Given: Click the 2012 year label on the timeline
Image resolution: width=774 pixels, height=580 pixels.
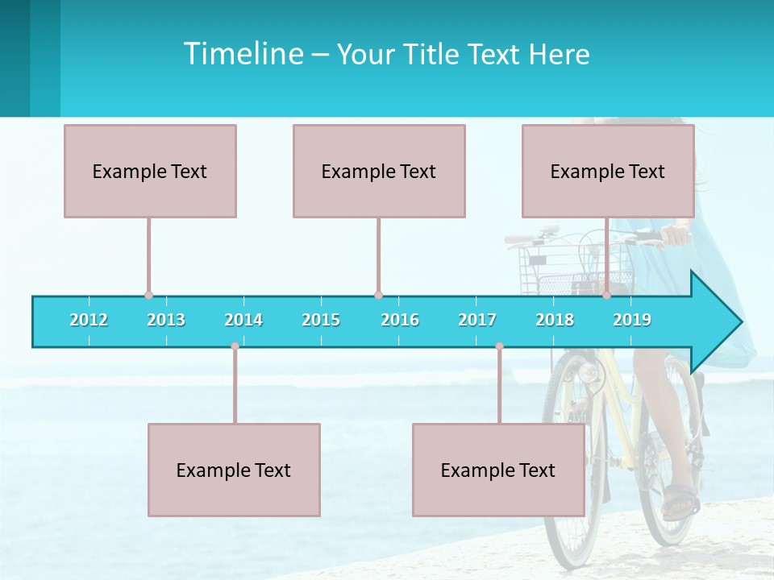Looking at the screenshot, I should click(x=89, y=320).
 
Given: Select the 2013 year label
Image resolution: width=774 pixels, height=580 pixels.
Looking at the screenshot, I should click(x=166, y=320).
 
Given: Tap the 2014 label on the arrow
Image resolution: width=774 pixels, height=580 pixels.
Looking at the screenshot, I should click(x=243, y=320).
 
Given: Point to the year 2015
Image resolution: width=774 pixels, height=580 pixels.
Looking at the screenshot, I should click(x=321, y=320).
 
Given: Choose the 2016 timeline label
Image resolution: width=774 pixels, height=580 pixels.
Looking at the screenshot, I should click(x=400, y=320).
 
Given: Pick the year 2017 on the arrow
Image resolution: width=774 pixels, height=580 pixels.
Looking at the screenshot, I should click(x=477, y=320).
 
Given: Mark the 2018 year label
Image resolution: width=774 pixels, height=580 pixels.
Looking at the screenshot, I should click(x=555, y=320).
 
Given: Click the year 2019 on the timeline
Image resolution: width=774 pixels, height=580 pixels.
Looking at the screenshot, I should click(x=632, y=320).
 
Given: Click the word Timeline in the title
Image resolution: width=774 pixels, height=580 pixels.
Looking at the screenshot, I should click(x=242, y=54).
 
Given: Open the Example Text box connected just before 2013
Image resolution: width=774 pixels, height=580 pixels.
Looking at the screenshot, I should click(x=150, y=171).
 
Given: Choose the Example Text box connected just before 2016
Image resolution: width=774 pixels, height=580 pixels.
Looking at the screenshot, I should click(x=379, y=171).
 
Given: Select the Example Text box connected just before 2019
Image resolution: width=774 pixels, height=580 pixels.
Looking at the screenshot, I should click(x=608, y=171).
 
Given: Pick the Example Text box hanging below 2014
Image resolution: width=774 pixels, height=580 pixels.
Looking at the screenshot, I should click(x=234, y=470).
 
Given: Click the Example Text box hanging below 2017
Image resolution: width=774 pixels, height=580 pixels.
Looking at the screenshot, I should click(x=498, y=470).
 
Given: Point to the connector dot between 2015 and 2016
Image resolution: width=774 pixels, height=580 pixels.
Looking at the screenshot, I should click(x=378, y=295).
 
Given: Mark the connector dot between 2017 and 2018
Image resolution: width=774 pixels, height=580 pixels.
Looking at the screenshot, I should click(x=499, y=346).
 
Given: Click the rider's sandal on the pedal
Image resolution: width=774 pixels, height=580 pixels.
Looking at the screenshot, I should click(x=680, y=501).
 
